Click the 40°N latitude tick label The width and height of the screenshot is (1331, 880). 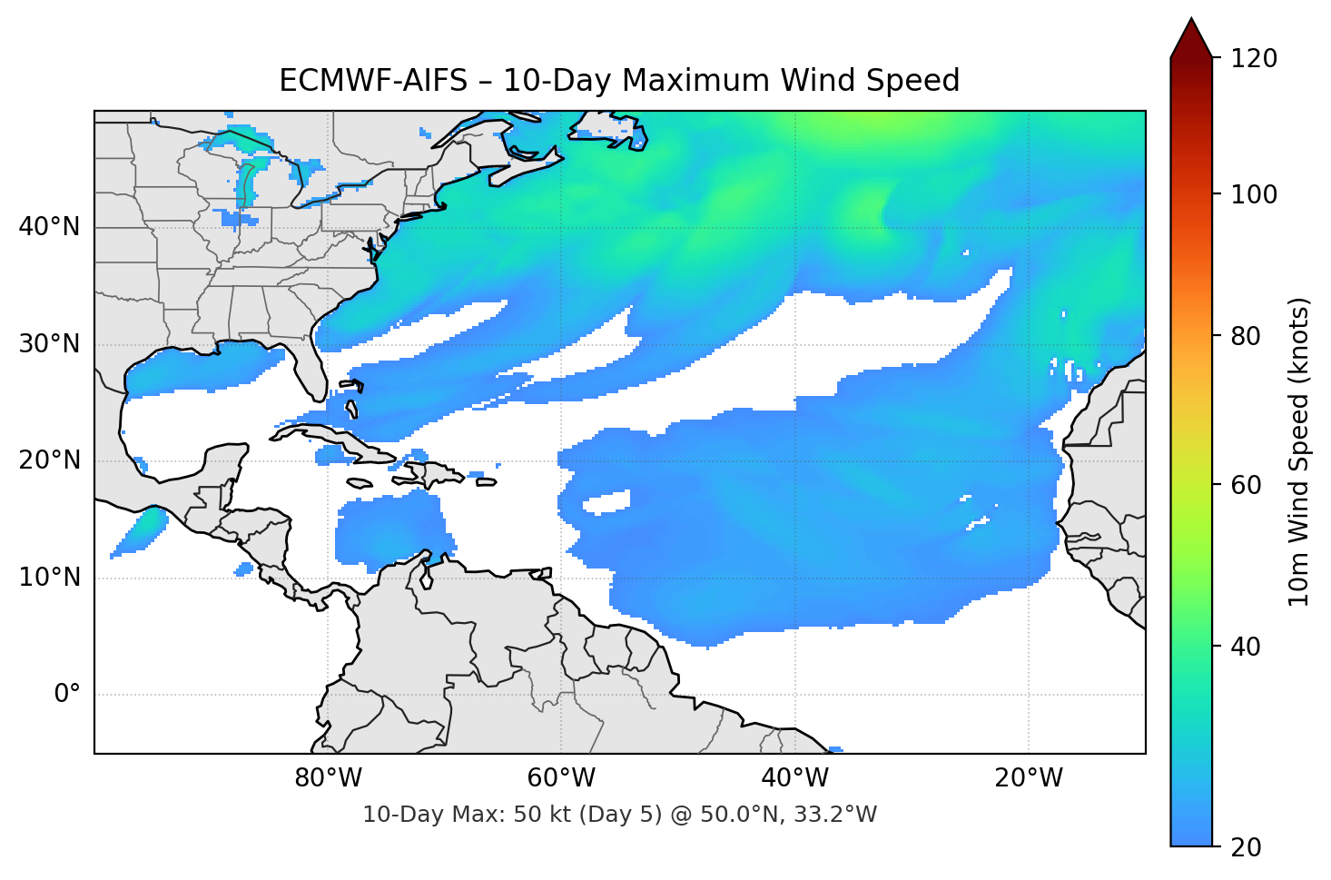pos(49,227)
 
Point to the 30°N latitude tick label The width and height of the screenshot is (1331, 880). pos(49,344)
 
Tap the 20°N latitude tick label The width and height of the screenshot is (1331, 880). pos(49,460)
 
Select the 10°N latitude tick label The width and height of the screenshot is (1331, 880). pos(49,578)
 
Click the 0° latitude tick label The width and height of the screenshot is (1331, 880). pos(66,695)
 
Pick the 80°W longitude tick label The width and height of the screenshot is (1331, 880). pos(328,778)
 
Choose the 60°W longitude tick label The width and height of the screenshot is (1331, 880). pos(561,778)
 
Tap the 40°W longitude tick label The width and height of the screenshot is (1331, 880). pos(794,778)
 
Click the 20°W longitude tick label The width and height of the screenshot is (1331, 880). pos(1029,778)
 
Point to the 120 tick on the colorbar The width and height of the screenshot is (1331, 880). pos(1254,59)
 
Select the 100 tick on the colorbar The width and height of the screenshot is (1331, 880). pos(1254,194)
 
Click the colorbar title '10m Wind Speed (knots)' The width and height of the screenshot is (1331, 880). pos(1299,451)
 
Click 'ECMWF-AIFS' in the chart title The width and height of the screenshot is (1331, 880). pos(372,81)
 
